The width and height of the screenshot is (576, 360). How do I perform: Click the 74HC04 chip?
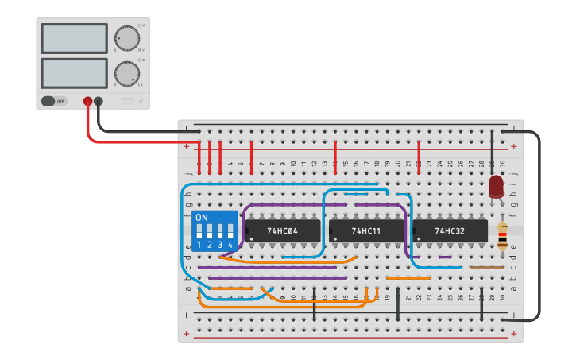click(x=282, y=231)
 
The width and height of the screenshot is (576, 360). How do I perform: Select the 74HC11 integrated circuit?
click(x=365, y=231)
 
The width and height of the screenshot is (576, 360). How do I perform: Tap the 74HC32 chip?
click(x=450, y=231)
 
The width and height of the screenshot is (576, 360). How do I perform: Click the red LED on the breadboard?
click(x=497, y=187)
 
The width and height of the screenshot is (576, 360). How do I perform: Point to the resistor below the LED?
click(x=502, y=236)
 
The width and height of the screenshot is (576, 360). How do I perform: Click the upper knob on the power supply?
click(x=126, y=37)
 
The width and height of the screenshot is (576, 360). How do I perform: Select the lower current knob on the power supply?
click(x=126, y=74)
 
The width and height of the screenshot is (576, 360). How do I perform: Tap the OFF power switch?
click(x=54, y=101)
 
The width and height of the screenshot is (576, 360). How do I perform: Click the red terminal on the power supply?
click(x=87, y=101)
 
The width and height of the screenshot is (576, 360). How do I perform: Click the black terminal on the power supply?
click(x=99, y=101)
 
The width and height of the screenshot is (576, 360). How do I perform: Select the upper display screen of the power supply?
click(x=74, y=38)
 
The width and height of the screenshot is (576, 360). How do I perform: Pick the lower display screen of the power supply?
click(x=74, y=73)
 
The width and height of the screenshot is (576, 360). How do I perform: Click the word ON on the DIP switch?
click(x=202, y=218)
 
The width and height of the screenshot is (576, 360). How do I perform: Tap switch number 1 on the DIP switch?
click(x=199, y=231)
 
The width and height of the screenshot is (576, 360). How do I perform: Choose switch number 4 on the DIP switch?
click(x=230, y=231)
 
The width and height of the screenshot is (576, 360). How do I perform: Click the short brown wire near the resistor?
click(x=486, y=268)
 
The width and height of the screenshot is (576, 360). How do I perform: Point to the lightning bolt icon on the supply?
click(x=141, y=101)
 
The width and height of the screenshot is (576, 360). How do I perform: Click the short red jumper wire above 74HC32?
click(x=419, y=156)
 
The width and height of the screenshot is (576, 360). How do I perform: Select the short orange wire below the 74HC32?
click(x=408, y=278)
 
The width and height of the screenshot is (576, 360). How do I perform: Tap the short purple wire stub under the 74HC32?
click(x=445, y=257)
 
